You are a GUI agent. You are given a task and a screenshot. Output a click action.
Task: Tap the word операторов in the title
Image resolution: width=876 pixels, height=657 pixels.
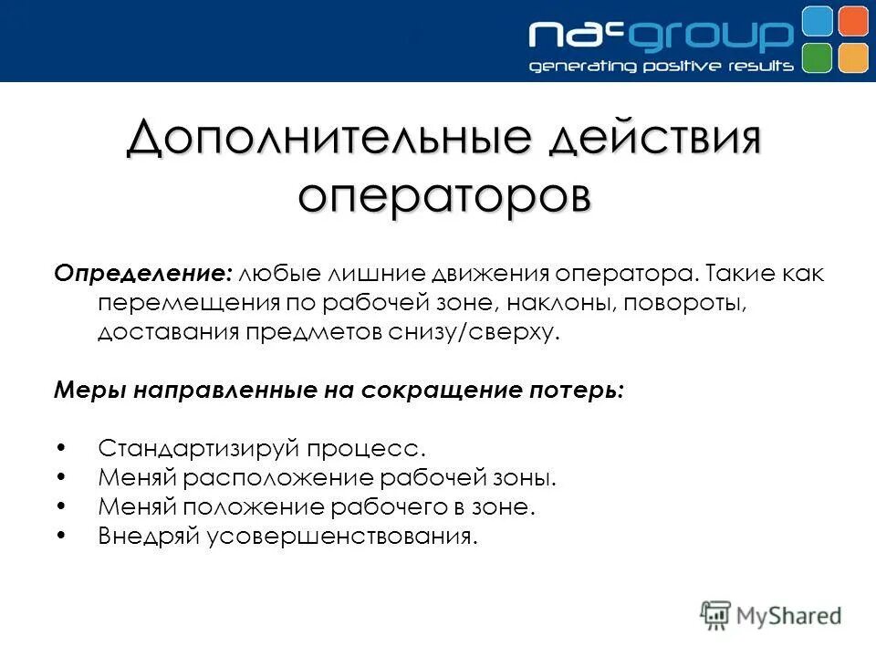(443, 194)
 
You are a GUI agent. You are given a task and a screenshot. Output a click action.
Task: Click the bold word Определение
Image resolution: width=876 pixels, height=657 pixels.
(143, 274)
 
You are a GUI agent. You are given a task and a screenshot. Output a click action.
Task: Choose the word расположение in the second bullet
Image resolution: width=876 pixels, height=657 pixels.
(287, 477)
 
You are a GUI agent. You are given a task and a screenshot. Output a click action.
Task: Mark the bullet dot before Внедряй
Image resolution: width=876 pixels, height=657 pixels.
(60, 536)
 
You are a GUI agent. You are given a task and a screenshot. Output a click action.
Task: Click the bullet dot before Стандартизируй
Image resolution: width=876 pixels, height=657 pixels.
(60, 448)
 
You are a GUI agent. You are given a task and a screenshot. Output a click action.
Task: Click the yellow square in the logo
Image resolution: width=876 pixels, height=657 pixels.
(852, 57)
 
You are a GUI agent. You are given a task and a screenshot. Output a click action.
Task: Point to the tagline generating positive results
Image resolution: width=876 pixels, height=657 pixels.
(662, 67)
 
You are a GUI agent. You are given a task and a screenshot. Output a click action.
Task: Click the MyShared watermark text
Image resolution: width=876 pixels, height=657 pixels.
(790, 616)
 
